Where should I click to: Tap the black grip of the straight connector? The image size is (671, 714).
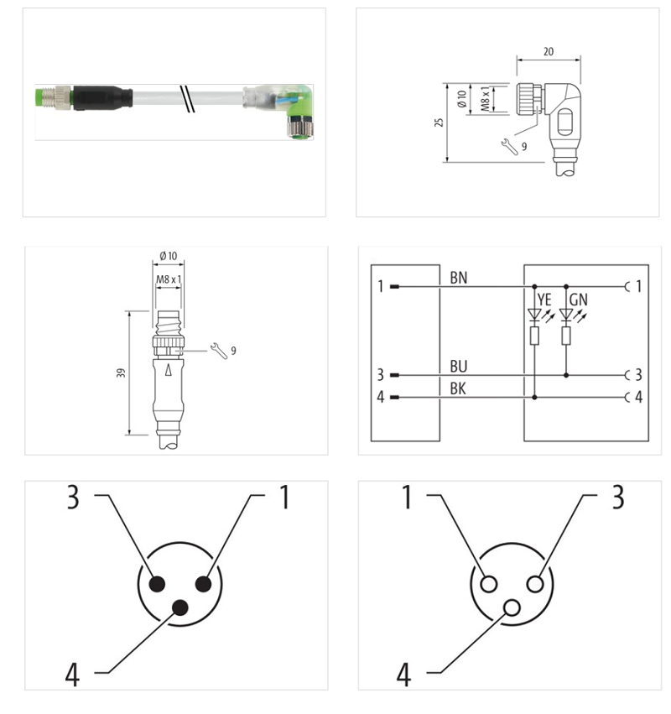point(101,97)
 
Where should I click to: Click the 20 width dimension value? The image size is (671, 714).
point(548,52)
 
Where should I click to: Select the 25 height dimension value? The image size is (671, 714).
point(439,122)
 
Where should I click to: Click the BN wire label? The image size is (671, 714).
point(459,277)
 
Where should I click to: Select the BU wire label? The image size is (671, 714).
point(459,367)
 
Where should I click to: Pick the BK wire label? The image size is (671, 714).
point(459,388)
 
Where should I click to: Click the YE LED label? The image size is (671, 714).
point(543,300)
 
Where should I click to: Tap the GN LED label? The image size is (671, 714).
point(578,300)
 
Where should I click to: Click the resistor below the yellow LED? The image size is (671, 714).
point(535,336)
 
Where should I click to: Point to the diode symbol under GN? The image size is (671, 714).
point(566,316)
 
